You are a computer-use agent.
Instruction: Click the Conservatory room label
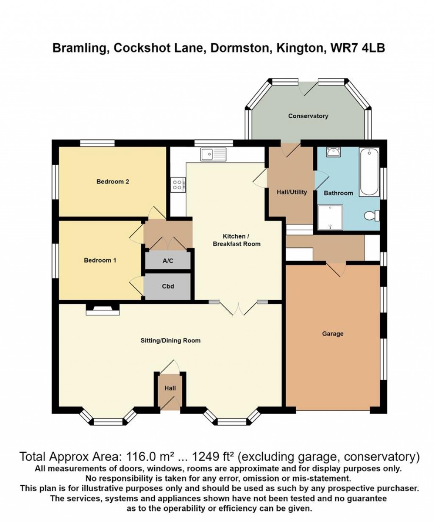pos(308,116)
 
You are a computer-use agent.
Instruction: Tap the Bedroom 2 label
pos(113,182)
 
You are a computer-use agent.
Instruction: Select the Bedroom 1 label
pos(100,260)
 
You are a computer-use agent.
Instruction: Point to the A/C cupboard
pos(168,261)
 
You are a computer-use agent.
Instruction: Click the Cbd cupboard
pos(168,286)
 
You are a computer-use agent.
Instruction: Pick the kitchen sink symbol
pos(214,154)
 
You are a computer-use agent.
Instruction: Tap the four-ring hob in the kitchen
pos(177,184)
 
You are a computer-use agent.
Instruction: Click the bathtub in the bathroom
pos(369,172)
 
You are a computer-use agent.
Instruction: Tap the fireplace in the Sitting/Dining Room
pos(103,310)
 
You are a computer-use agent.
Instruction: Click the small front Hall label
pos(170,388)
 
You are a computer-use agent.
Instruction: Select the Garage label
pos(333,334)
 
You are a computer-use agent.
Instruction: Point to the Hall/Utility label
pos(292,192)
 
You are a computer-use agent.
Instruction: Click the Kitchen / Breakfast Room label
pos(236,240)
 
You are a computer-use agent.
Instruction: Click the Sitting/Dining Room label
pos(170,340)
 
